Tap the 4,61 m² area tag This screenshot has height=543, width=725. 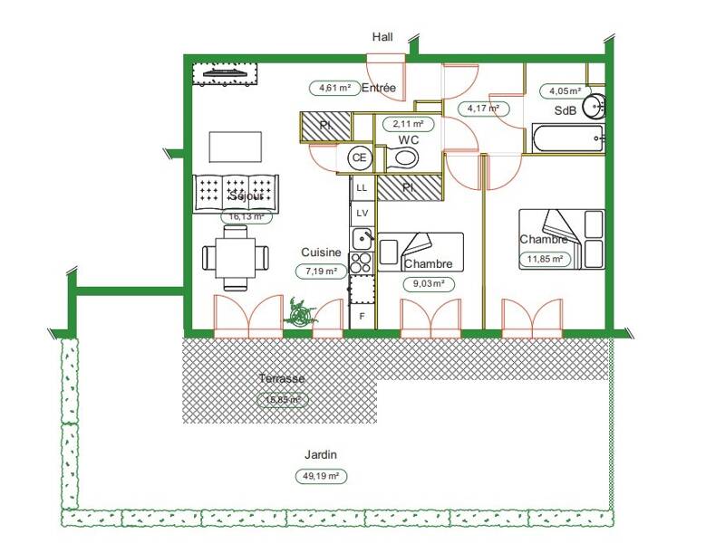(x=334, y=88)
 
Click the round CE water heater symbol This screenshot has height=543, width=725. (x=360, y=157)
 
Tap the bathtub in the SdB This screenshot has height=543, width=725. (x=567, y=138)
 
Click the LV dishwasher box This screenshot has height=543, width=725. (x=362, y=213)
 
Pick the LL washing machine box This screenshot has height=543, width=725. (x=362, y=187)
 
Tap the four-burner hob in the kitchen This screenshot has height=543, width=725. (x=362, y=262)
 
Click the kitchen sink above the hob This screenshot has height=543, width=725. (x=362, y=238)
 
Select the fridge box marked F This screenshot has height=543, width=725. (x=362, y=316)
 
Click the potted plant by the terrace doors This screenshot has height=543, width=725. (x=299, y=314)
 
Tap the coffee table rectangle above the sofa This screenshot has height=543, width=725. (x=237, y=146)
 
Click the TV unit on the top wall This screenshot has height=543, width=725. (x=224, y=72)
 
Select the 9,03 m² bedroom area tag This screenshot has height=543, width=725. (x=429, y=283)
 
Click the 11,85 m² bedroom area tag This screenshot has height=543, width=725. (x=546, y=260)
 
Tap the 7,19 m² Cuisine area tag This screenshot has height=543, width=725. (x=321, y=271)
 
